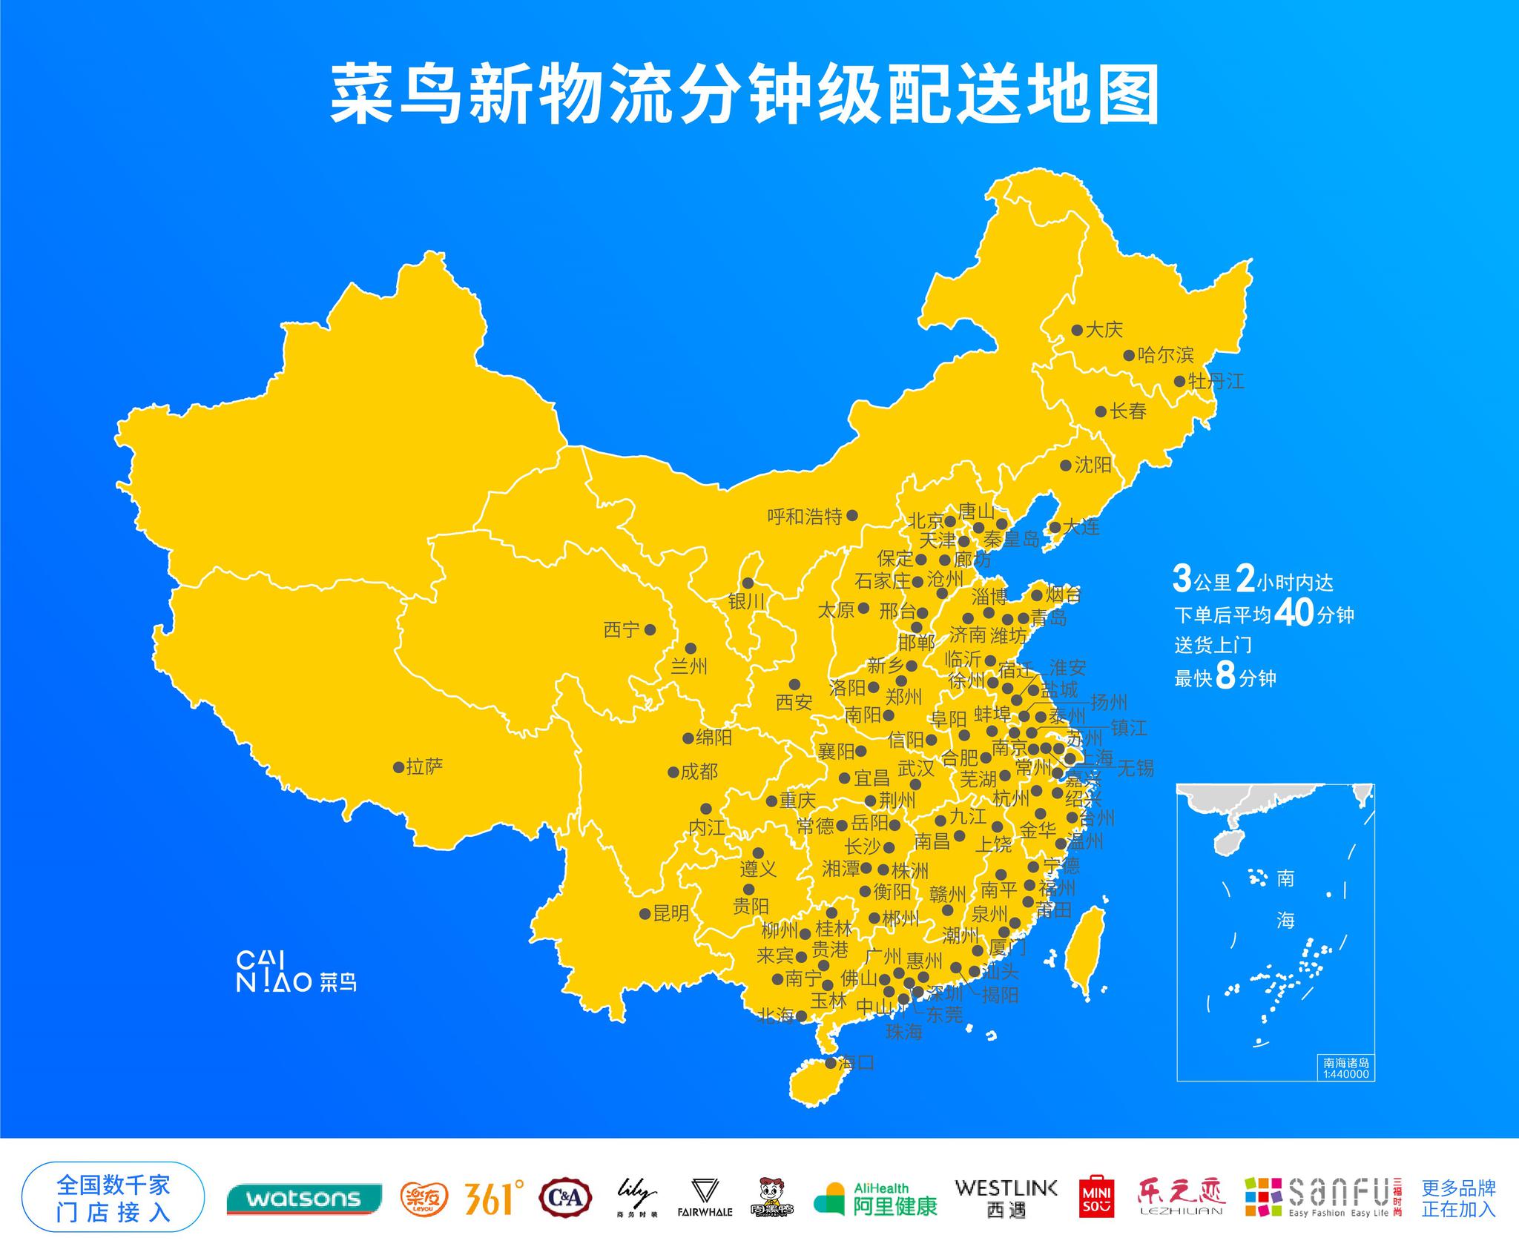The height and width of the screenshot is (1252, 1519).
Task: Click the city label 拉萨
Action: (424, 766)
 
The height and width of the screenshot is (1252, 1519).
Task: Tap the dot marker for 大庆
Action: (1077, 330)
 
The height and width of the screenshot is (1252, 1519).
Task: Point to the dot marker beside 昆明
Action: (645, 914)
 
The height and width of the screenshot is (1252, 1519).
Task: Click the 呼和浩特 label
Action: (805, 516)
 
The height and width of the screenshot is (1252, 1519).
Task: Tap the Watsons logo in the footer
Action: (304, 1199)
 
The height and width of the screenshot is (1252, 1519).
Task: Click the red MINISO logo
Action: (1096, 1196)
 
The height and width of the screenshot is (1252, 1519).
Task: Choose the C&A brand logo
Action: (566, 1197)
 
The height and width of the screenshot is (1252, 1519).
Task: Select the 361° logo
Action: (494, 1198)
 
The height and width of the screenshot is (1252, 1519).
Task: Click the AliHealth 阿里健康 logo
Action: (875, 1199)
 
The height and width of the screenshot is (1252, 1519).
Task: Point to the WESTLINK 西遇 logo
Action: (1006, 1198)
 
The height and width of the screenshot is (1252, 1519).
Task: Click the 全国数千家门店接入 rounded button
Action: (113, 1197)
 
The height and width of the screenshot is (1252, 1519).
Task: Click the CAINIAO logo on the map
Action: (296, 972)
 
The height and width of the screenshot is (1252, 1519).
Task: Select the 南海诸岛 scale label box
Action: (1346, 1067)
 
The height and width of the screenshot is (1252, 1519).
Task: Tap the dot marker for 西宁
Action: (650, 629)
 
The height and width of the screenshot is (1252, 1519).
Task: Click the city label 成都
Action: (699, 772)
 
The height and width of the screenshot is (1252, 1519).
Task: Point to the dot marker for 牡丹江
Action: (1179, 382)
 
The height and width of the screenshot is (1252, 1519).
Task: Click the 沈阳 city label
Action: (1093, 465)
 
